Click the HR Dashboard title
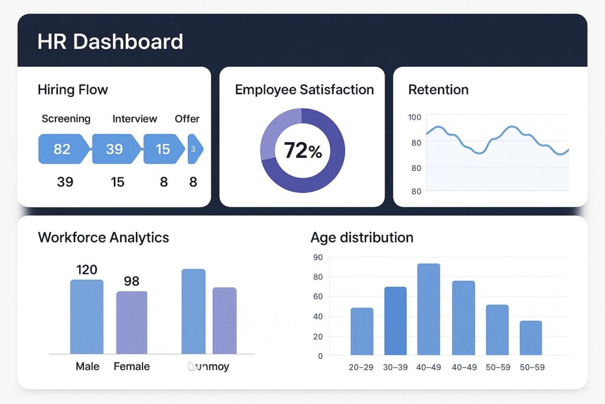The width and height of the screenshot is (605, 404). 110,42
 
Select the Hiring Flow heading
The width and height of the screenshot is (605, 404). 73,90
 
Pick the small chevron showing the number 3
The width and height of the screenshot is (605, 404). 194,149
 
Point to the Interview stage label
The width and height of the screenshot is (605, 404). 135,119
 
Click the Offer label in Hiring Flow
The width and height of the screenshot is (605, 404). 187,119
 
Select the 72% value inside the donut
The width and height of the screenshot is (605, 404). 302,151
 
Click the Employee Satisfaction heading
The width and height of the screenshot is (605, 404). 304,90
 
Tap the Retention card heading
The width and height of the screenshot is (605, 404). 438,90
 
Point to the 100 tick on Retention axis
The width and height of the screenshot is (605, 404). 415,117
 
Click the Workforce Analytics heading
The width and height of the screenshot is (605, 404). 103,238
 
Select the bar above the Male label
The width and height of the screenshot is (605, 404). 87,316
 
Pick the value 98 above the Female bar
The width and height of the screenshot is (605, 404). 131,281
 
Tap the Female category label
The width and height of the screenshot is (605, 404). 131,367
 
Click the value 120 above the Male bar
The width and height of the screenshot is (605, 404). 87,270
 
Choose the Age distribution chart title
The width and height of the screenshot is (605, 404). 362,238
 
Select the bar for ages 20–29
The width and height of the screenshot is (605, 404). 362,331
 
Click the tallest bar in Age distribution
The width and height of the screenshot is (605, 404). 428,309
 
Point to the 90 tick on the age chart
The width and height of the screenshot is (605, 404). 318,257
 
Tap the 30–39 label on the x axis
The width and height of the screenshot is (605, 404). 395,367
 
